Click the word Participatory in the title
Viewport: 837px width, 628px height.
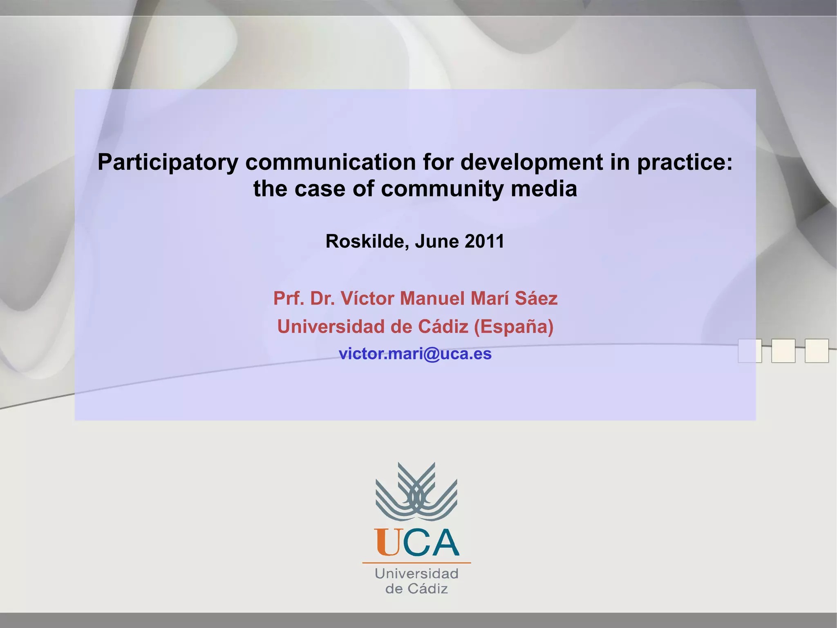click(168, 162)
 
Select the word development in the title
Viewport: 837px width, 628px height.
click(532, 162)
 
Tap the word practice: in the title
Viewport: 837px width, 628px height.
click(685, 162)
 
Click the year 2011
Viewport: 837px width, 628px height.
click(484, 241)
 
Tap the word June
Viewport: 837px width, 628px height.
click(436, 241)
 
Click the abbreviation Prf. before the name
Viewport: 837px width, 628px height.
click(289, 298)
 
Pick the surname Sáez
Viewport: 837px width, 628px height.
click(536, 298)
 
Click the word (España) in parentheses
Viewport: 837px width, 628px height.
click(514, 326)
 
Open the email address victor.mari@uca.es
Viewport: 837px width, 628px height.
click(415, 353)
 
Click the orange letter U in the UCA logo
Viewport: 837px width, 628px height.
click(387, 542)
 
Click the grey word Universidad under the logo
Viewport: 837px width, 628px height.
click(416, 574)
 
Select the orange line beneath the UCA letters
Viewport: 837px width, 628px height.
click(416, 563)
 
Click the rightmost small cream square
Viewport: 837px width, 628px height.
click(817, 351)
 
